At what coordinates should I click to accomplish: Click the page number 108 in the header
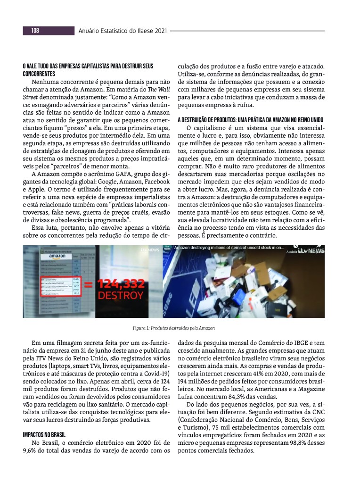[35, 31]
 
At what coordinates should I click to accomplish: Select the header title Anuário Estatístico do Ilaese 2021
[122, 31]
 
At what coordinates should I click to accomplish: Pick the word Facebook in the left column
[155, 182]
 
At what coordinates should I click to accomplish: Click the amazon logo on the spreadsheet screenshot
[58, 256]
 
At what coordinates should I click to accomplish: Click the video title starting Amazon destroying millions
[229, 247]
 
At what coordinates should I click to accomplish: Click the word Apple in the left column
[32, 189]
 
